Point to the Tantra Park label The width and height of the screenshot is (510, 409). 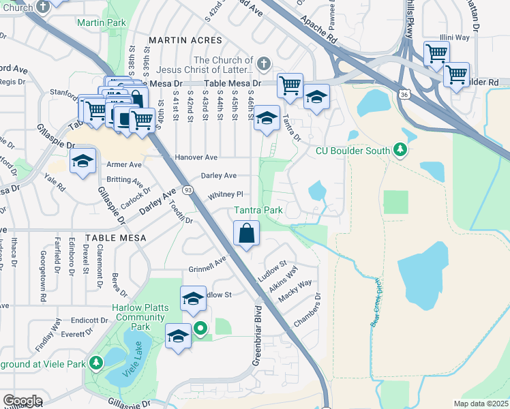click(x=258, y=211)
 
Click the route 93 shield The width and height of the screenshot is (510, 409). click(x=187, y=190)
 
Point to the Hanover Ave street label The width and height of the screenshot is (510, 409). click(x=196, y=157)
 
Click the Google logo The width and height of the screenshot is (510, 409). click(x=22, y=401)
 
